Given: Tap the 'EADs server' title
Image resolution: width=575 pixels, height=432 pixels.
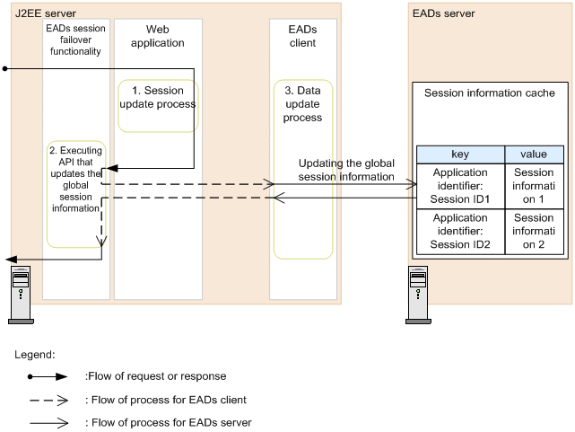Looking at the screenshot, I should [x=443, y=13].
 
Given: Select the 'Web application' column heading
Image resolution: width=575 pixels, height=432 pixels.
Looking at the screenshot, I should [x=158, y=37].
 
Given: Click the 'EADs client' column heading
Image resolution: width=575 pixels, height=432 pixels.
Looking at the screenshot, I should [x=302, y=37].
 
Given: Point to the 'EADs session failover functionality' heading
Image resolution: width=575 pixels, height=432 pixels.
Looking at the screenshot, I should [x=76, y=40].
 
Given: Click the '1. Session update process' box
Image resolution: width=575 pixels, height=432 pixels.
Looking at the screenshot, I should [x=158, y=104].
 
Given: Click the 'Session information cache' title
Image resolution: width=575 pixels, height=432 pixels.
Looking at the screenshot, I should [x=489, y=93].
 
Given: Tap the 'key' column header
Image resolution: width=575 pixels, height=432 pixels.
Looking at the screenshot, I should [x=460, y=154].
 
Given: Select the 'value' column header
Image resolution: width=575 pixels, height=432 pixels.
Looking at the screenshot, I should [x=534, y=154].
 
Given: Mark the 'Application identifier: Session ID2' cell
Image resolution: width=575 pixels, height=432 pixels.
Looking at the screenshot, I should [x=460, y=231].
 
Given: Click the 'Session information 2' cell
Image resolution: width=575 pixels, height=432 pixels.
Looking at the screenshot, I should [x=534, y=231].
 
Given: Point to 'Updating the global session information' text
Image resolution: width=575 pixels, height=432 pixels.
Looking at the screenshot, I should [x=346, y=171].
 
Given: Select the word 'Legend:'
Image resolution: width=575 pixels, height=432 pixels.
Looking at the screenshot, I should [x=35, y=355].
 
